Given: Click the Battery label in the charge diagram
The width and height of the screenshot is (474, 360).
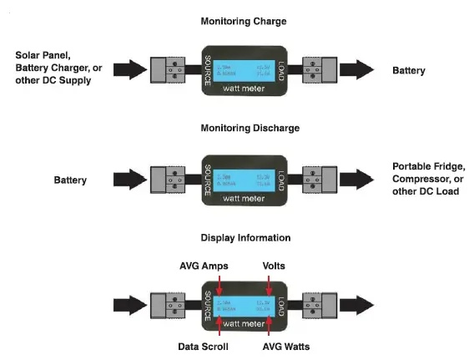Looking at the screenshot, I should tap(409, 71).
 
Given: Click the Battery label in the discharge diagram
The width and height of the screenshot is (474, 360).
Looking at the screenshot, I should tap(71, 180).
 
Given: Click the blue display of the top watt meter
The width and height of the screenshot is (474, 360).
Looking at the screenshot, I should tap(244, 68).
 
